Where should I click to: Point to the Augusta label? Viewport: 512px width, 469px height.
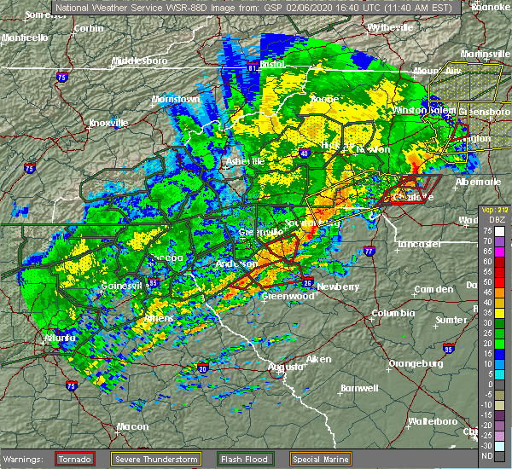286,367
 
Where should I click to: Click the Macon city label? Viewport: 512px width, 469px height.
108,426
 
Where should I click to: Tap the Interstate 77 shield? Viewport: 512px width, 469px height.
369,252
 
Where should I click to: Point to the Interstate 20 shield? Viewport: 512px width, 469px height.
202,368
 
